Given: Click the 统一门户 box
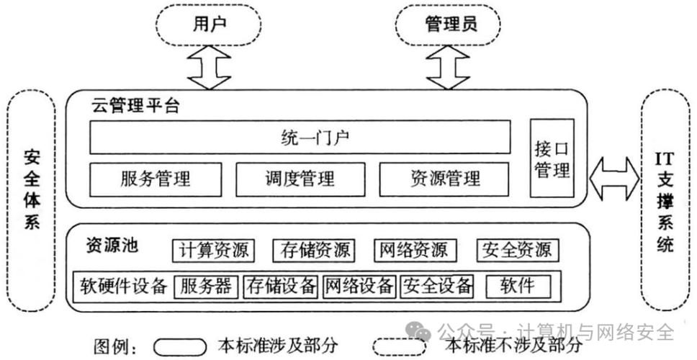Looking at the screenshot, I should (300, 137).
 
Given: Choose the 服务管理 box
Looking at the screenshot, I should (156, 178).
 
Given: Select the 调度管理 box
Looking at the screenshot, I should (300, 178).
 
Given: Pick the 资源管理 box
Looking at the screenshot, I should (444, 178).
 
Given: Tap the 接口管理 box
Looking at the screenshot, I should (552, 158).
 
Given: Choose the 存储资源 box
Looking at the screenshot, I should (314, 250).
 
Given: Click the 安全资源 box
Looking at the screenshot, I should (518, 250).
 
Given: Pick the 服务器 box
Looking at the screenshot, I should (207, 286).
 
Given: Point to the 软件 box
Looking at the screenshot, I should (518, 286).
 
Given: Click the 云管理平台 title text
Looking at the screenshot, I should (135, 108).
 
